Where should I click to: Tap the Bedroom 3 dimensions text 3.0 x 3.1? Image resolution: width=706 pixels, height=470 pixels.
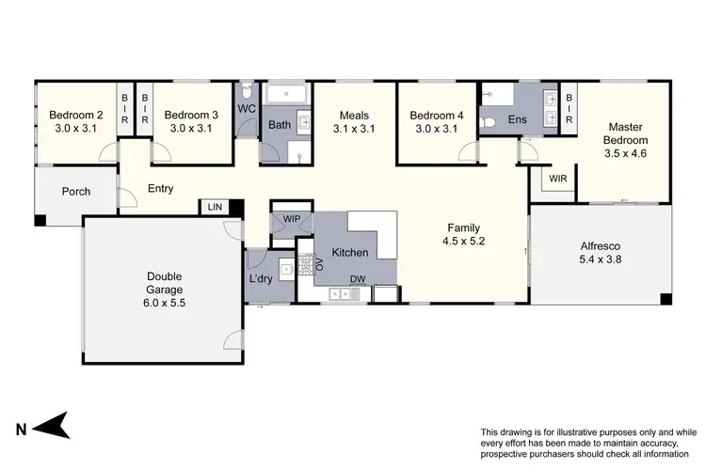194,130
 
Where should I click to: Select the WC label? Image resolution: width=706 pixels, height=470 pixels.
247,109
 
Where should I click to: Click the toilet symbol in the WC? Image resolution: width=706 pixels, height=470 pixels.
246,91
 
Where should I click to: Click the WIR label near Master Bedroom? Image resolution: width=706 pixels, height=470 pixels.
557,177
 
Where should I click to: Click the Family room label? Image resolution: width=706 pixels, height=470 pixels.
463,227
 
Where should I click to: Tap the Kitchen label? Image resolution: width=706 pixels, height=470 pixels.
349,253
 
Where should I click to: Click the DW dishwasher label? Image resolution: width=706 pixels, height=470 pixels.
358,279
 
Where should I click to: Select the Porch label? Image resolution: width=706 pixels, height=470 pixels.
76,192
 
